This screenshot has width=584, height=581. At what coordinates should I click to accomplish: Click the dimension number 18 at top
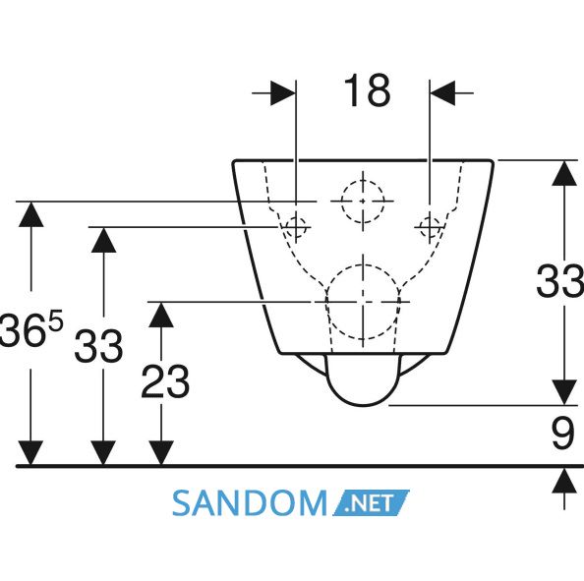point(367,90)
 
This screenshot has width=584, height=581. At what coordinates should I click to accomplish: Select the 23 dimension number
point(165,381)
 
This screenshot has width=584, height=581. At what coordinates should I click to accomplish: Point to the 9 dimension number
point(562,434)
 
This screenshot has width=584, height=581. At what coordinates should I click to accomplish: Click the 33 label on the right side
point(559,280)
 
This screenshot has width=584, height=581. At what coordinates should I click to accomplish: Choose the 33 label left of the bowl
point(98,346)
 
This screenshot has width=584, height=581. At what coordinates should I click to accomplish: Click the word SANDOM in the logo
point(250,502)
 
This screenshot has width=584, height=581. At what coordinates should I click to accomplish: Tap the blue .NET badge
point(371,502)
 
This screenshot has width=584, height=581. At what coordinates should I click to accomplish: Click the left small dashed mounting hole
point(296,227)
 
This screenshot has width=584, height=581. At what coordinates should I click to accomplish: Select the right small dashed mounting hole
point(430,227)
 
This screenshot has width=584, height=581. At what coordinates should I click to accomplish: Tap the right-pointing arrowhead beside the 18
point(283,92)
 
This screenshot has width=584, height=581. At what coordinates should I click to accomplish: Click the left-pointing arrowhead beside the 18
point(442,92)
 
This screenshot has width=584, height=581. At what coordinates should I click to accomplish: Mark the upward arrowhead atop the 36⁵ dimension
point(30,214)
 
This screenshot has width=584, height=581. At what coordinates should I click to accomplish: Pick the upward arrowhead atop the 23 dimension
point(161,315)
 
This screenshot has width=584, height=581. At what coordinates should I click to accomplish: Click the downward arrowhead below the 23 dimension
point(161,453)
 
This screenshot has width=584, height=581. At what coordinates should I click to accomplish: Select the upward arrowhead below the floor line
point(564,481)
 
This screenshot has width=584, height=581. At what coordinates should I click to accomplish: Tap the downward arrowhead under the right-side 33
point(564,392)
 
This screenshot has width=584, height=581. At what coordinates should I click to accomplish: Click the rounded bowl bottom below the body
point(363,405)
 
